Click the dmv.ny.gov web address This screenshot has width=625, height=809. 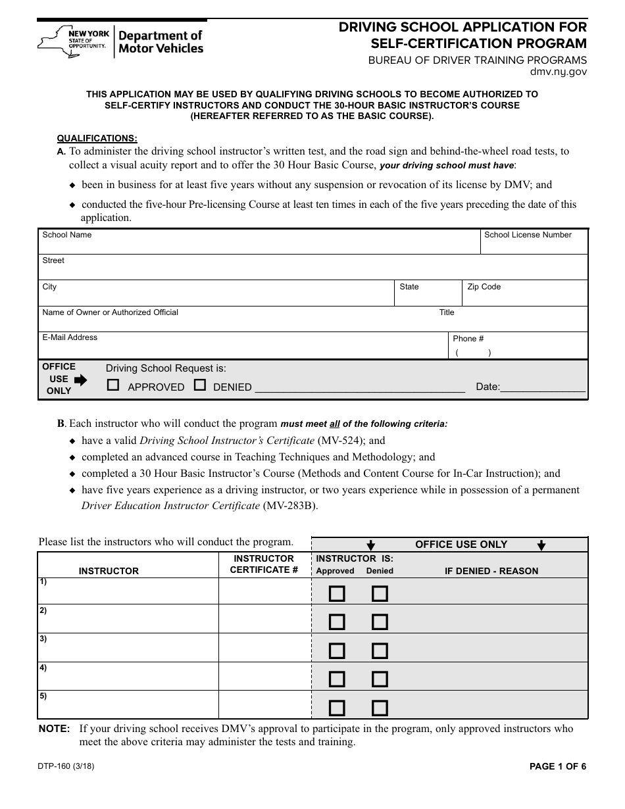(558, 72)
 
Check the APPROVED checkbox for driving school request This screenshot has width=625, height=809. (113, 385)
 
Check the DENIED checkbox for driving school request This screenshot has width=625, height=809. (200, 385)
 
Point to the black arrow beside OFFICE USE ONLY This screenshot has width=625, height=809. (80, 380)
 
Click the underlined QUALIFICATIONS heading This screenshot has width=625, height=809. (97, 138)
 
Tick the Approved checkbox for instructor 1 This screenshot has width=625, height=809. (337, 594)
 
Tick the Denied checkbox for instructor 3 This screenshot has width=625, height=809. (380, 651)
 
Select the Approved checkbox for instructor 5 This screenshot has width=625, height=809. (337, 708)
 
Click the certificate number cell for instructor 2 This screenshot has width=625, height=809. (264, 619)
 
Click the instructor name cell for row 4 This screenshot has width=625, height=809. (128, 676)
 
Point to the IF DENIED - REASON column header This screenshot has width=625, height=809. (491, 571)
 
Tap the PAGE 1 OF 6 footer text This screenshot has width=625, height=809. (557, 766)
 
